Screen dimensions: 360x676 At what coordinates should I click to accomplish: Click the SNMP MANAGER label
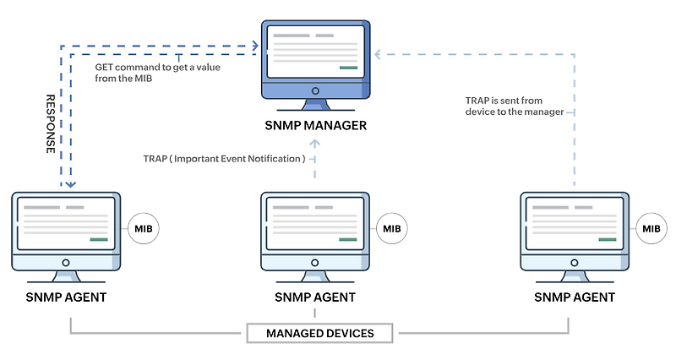tap(314, 127)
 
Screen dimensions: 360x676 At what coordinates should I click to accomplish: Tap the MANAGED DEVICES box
tap(320, 333)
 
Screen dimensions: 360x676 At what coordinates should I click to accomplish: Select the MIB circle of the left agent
tap(143, 229)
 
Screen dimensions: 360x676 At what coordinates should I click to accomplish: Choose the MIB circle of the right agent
tap(651, 229)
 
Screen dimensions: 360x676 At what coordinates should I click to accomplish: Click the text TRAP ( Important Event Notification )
tap(224, 158)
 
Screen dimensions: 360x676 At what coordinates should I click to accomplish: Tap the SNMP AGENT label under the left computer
tap(67, 297)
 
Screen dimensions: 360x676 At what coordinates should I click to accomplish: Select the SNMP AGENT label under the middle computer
tap(315, 297)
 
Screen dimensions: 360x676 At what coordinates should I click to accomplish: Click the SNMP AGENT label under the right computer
tap(575, 297)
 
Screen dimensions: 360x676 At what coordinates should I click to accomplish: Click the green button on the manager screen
tap(347, 68)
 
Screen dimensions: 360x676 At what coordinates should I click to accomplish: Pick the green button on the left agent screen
tap(98, 240)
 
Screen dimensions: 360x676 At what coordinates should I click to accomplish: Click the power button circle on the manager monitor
tap(314, 91)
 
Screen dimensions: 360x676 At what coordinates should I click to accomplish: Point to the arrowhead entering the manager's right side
tap(379, 56)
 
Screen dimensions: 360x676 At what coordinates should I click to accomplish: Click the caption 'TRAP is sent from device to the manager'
tap(515, 106)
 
